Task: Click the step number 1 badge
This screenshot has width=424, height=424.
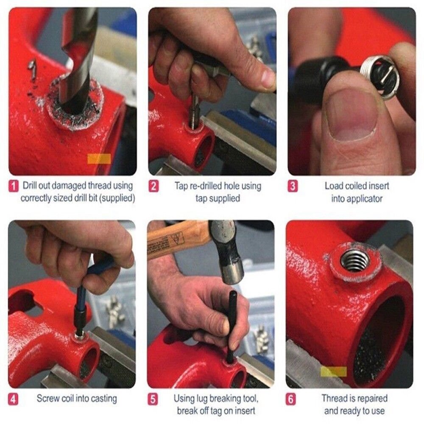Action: pos(14,186)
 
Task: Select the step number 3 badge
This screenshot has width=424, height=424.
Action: pos(293,186)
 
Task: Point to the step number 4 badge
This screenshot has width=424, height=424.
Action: pos(14,399)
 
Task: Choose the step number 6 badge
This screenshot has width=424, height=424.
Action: pos(292,399)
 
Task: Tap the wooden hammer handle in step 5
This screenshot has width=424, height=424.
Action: pos(178,244)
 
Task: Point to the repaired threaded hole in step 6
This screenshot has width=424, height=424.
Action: pos(354,260)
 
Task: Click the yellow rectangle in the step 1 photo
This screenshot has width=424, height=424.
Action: pos(99,159)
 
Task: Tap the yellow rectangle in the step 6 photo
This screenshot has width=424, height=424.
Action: pos(333,372)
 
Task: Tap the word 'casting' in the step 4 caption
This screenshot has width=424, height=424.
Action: pos(103,399)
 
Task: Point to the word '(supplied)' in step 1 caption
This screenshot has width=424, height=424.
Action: pos(116,198)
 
